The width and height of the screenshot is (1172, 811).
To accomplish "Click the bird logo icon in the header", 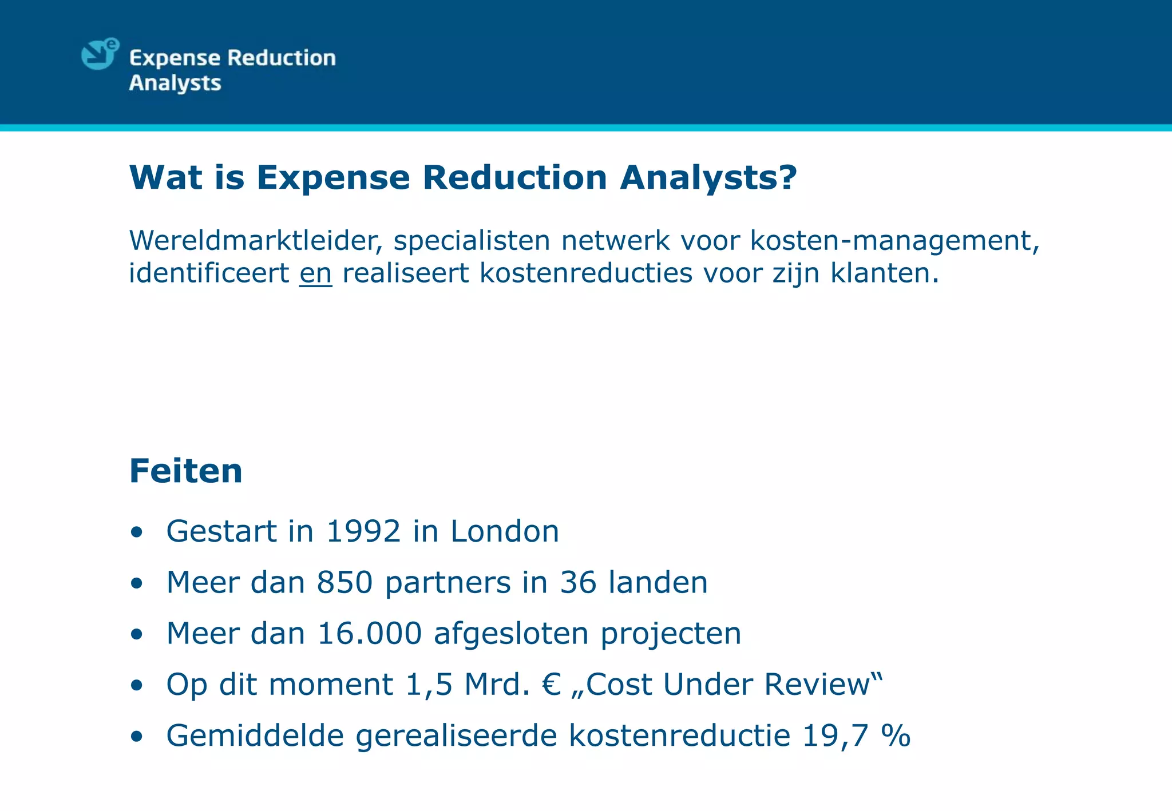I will (100, 54).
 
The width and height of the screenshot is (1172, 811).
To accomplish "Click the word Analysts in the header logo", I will (175, 84).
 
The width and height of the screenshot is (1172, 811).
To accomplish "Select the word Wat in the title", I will (166, 177).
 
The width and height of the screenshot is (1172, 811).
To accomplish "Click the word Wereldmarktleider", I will (255, 240).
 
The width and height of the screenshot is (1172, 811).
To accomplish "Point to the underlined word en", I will (315, 273).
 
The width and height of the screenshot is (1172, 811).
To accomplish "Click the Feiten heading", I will (186, 471).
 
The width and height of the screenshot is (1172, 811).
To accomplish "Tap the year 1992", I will (363, 531).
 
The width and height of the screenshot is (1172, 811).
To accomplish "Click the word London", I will (504, 531).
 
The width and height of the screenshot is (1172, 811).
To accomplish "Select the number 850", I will (345, 583).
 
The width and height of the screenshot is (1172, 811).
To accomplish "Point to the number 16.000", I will (370, 634).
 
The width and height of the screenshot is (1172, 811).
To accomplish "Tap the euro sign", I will (551, 685).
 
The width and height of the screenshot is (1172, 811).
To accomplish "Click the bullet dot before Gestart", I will (136, 532).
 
